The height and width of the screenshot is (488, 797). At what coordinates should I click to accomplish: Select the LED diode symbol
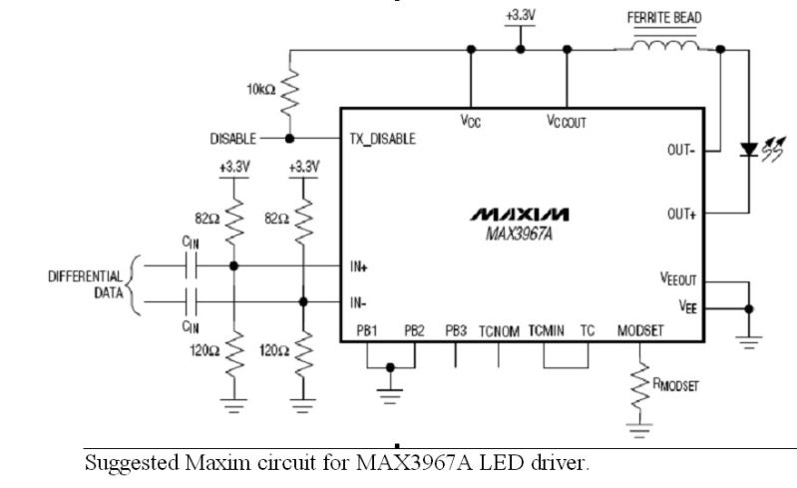[747, 150]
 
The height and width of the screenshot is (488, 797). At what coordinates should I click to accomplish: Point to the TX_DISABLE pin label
[382, 139]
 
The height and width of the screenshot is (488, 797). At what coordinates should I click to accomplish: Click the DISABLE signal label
[232, 139]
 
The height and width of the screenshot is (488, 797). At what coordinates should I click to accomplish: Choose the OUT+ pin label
[682, 214]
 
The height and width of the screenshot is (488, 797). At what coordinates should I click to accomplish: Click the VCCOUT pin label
[566, 122]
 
